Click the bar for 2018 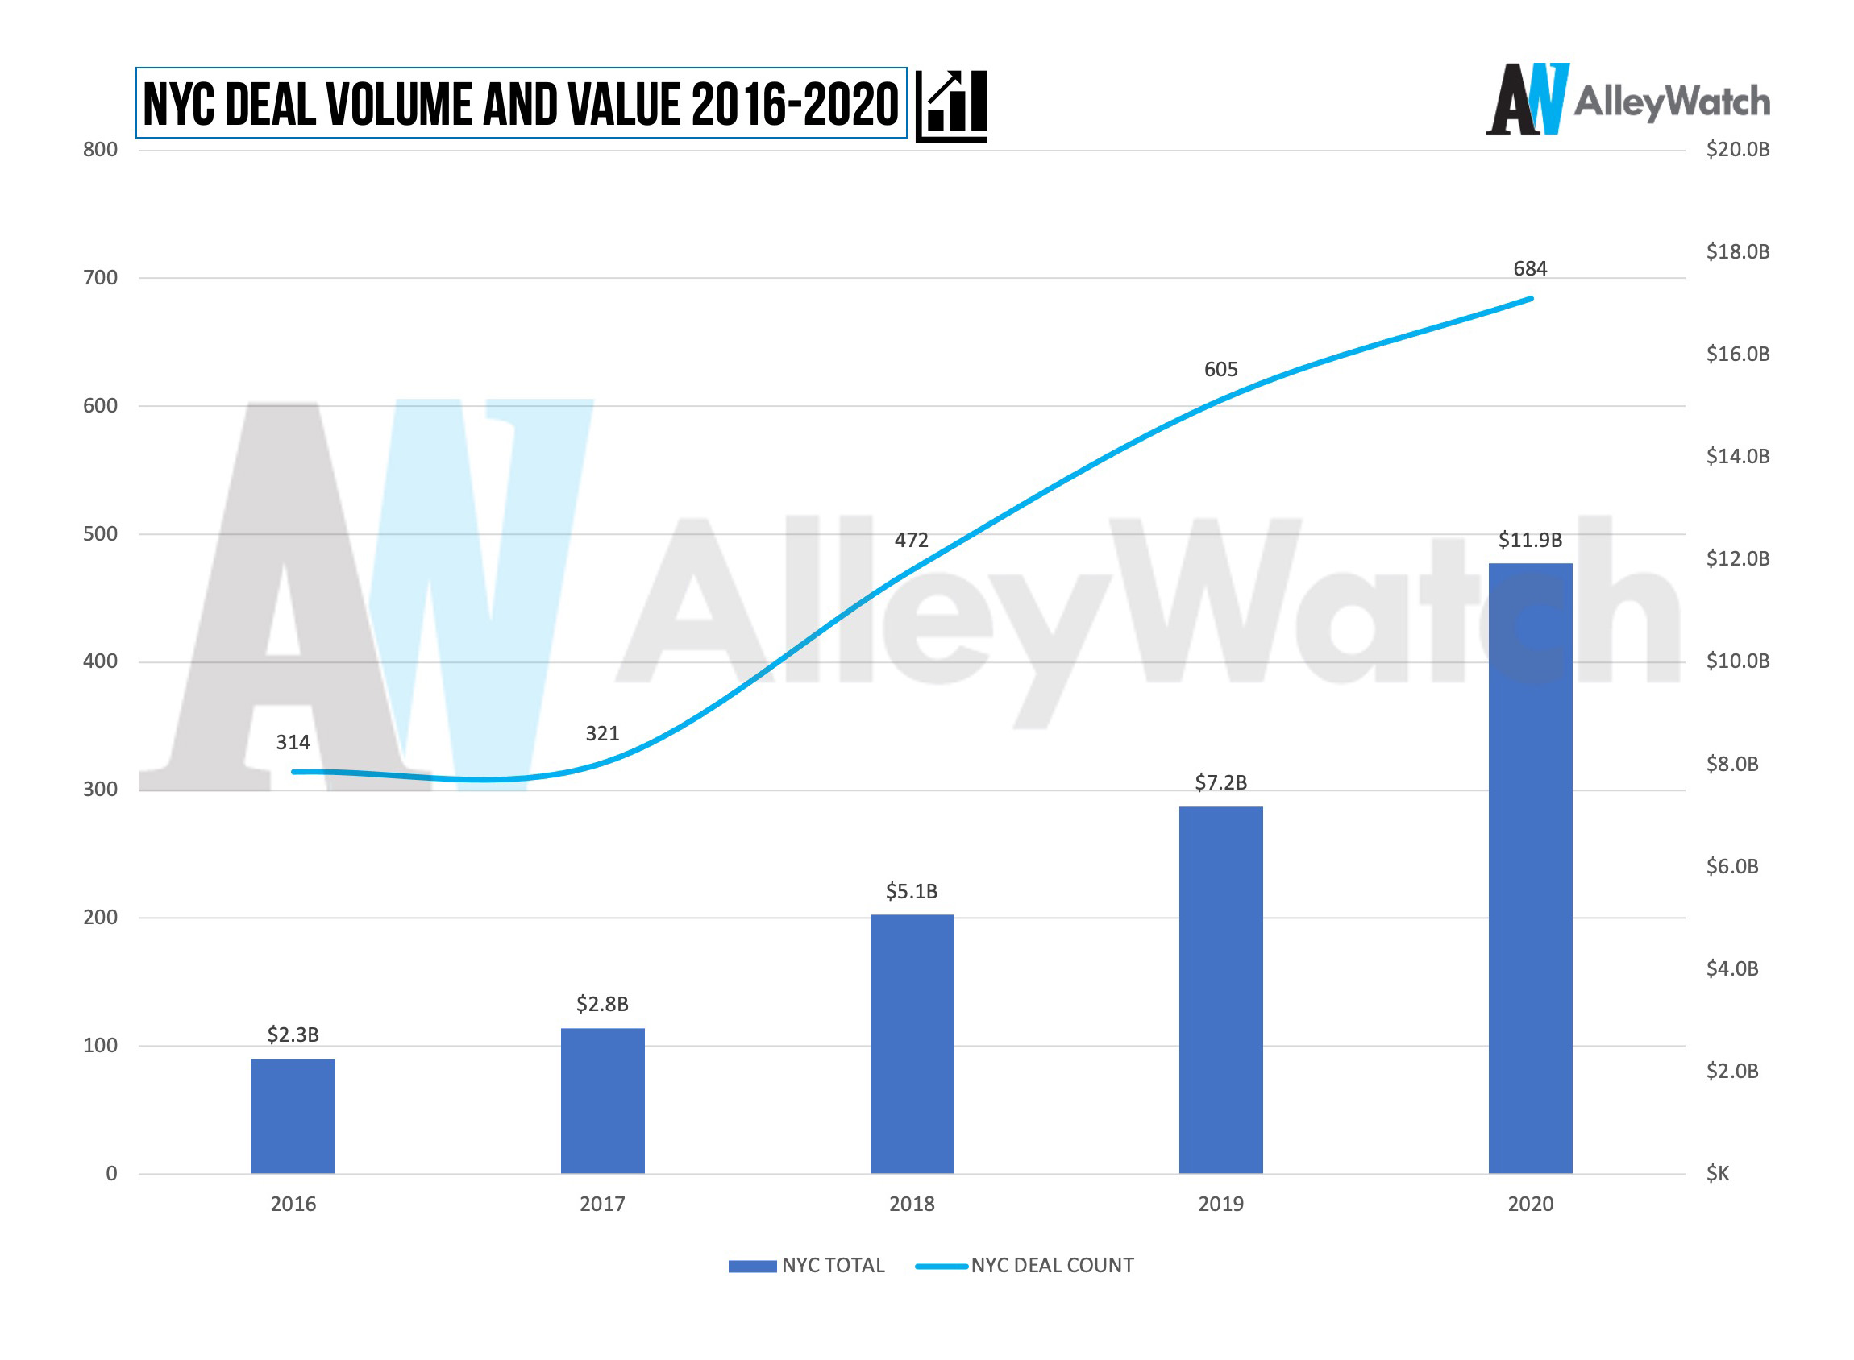point(912,1043)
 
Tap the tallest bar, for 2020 point(1529,868)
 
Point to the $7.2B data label point(1220,782)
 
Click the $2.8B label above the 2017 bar point(602,1004)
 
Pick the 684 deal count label point(1529,268)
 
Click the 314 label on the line point(293,742)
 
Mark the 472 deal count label point(911,540)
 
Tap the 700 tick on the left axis point(100,277)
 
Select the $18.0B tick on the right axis point(1737,251)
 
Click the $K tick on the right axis point(1717,1173)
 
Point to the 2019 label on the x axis point(1220,1204)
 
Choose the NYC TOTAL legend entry point(806,1265)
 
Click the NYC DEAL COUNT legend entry point(1025,1265)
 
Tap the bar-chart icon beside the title point(951,105)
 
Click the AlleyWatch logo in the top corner point(1627,101)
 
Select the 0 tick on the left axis point(111,1173)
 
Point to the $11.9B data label point(1529,540)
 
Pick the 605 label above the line point(1220,369)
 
